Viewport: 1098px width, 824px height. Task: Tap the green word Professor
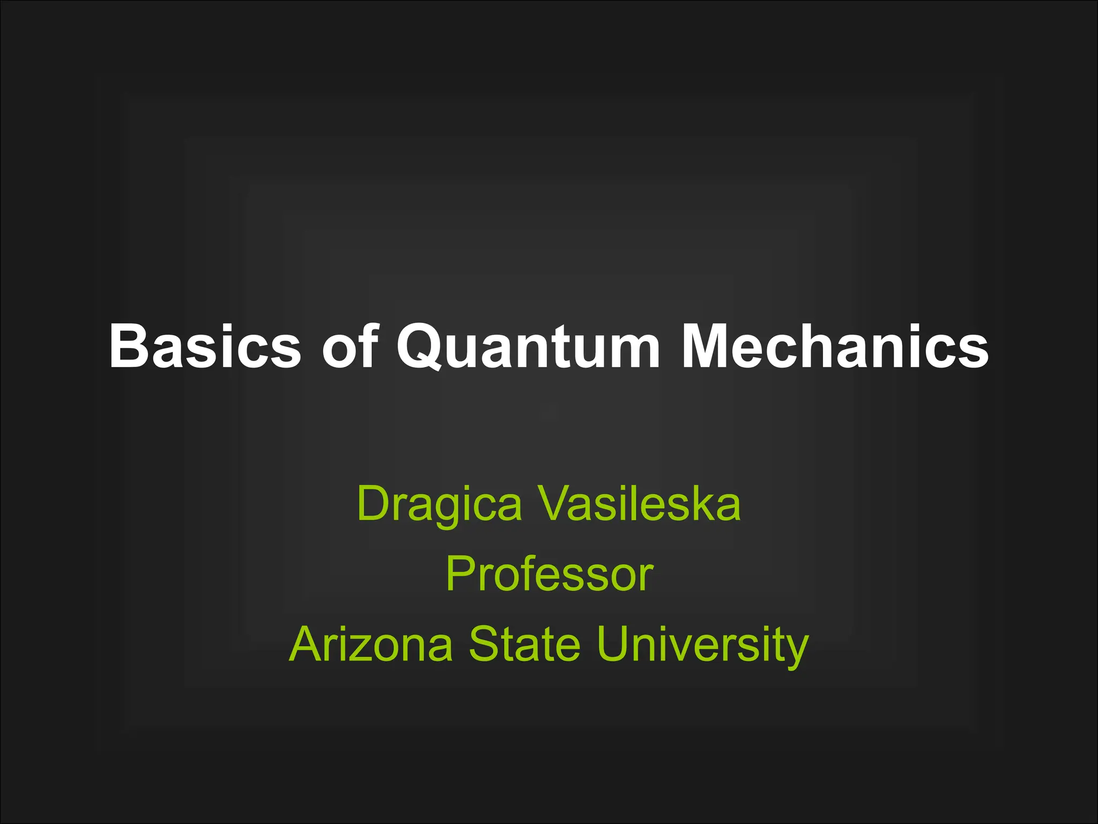[x=550, y=574]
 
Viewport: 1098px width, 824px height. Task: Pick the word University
[x=702, y=645]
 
